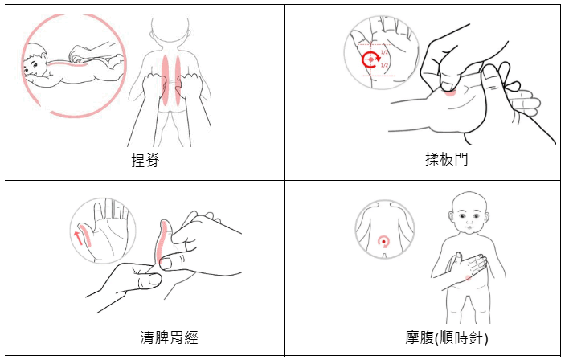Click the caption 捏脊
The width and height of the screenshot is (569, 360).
pos(145,160)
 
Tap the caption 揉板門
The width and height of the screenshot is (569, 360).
pos(447,159)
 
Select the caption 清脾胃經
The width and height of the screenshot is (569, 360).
pos(169,337)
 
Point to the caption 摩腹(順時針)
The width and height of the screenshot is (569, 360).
pos(447,337)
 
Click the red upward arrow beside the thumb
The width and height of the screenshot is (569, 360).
pos(77,238)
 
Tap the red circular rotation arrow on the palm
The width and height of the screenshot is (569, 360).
pos(370,59)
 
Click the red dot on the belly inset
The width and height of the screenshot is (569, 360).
pos(383,241)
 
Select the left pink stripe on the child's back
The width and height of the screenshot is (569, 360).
pos(166,80)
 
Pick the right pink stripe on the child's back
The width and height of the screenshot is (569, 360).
pos(178,80)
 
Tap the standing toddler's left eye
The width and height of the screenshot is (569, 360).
pos(477,216)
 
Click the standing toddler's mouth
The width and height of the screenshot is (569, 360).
pos(469,227)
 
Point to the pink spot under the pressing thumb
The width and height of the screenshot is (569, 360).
pos(450,92)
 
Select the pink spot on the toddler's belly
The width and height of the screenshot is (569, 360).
pos(468,278)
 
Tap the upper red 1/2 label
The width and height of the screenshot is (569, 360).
pos(384,52)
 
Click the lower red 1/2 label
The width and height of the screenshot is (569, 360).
pos(384,65)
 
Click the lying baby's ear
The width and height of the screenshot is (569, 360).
pos(44,56)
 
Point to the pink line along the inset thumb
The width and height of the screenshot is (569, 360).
pos(86,235)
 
